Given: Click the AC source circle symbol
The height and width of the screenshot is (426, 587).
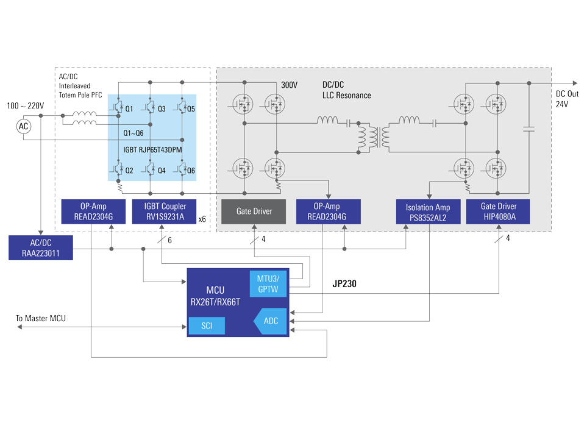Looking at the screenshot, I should (23, 126).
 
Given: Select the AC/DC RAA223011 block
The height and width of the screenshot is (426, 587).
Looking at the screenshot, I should (40, 247).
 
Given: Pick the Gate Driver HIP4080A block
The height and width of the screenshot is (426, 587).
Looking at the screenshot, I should (498, 211).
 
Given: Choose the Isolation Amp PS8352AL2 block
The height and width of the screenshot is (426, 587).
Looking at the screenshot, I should (427, 211).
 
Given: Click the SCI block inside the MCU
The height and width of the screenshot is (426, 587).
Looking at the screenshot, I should (206, 326).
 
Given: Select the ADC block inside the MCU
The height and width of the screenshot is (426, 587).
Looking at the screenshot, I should (268, 321).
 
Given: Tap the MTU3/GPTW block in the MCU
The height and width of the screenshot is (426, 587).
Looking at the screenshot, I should (268, 284).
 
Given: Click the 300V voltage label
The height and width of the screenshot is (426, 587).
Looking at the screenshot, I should (289, 85).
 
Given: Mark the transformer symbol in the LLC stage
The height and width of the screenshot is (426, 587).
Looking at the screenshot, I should (375, 138).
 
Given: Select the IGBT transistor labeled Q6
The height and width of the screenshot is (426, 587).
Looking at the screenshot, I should (182, 169).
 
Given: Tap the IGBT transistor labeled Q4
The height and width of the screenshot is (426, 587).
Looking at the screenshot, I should (150, 169).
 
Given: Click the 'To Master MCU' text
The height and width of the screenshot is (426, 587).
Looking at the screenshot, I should (40, 318).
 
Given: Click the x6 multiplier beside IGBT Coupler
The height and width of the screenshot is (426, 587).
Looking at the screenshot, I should (202, 218).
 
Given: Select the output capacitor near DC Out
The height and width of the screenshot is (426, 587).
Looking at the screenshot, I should (528, 129).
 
